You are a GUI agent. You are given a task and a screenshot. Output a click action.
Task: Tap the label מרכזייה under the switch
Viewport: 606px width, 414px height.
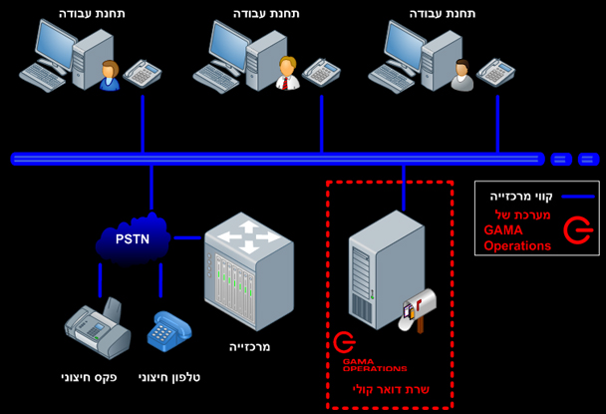249,347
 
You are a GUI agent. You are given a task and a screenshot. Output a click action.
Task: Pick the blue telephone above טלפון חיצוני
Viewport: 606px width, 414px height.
163,331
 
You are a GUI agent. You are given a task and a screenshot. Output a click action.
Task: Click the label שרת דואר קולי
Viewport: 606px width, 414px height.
389,389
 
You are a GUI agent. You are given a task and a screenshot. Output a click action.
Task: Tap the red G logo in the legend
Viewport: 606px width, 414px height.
577,231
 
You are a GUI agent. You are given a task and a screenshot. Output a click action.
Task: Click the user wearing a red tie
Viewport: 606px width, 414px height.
286,73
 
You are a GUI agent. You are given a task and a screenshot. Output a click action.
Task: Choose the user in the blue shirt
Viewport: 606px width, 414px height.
109,75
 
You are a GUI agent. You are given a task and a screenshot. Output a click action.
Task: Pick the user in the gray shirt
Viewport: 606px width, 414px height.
460,74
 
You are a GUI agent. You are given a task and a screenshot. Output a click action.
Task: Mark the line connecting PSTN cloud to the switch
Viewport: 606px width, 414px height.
186,237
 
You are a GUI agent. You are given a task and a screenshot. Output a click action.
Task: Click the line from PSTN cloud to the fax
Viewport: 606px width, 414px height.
100,283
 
